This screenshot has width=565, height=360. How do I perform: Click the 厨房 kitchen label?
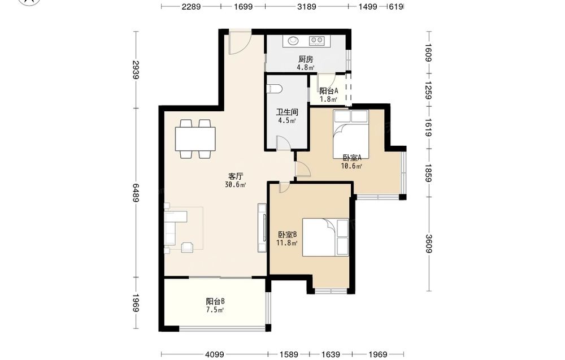click(x=306, y=59)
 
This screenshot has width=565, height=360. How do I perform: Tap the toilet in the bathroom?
click(x=273, y=88)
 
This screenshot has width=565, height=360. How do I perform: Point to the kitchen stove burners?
click(x=317, y=41)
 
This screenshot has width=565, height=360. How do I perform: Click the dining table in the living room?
click(x=195, y=138)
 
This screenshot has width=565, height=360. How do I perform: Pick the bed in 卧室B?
click(x=325, y=237)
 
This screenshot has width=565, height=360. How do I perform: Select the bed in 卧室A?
click(x=351, y=133)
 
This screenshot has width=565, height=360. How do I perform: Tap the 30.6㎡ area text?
click(x=235, y=185)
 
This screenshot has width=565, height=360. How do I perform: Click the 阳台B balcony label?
click(x=215, y=301)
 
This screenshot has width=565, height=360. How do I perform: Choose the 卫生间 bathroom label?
click(x=287, y=112)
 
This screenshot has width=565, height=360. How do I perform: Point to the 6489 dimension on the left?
click(x=136, y=193)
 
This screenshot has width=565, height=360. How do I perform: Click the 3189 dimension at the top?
click(x=307, y=6)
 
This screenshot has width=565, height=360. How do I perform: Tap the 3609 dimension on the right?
click(x=428, y=244)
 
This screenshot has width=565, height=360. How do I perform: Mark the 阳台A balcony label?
click(x=329, y=91)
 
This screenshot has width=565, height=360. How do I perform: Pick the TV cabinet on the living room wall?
click(x=262, y=228)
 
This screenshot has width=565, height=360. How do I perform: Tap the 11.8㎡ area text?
click(x=287, y=243)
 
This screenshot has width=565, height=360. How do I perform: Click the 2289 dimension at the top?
click(x=191, y=6)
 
